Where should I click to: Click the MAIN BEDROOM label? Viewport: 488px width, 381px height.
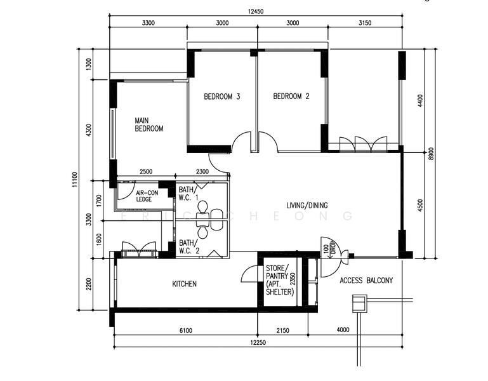[x=148, y=124]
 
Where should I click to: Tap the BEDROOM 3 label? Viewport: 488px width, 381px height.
[x=222, y=97]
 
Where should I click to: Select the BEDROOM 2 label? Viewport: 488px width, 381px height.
[x=291, y=97]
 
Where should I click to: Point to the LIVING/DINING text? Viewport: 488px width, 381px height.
[x=307, y=205]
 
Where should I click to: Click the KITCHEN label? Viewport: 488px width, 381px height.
[x=184, y=284]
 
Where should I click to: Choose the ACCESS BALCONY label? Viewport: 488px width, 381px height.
[x=366, y=281]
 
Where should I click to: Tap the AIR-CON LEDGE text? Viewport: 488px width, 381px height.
[x=147, y=196]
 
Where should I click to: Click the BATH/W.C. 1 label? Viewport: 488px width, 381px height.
[x=188, y=194]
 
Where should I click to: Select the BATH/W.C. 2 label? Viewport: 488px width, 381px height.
[x=189, y=247]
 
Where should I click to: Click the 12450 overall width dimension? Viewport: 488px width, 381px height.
[x=256, y=11]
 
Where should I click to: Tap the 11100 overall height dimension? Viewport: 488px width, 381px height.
[x=74, y=180]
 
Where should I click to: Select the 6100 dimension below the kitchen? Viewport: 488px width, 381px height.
[x=186, y=331]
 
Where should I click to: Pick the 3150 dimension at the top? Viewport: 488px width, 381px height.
[x=365, y=23]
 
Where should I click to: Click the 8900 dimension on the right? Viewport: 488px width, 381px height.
[x=431, y=154]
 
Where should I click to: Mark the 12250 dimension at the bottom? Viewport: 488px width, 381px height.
[x=258, y=343]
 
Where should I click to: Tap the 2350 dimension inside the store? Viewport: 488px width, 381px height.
[x=293, y=279]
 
